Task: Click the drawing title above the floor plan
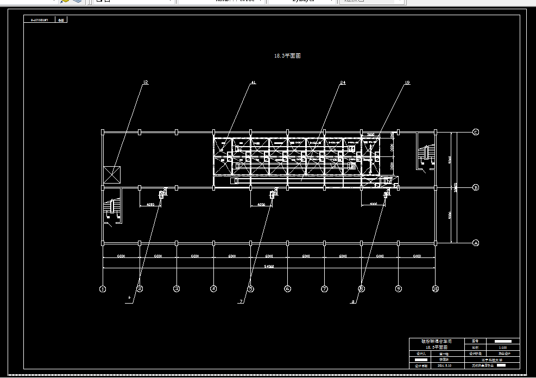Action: pyautogui.click(x=287, y=55)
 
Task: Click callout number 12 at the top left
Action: pyautogui.click(x=145, y=83)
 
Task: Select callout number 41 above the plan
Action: pyautogui.click(x=253, y=83)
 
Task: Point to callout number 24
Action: pyautogui.click(x=343, y=83)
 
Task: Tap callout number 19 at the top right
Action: pyautogui.click(x=407, y=83)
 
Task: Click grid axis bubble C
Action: pyautogui.click(x=476, y=132)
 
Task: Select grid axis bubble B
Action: pyautogui.click(x=476, y=188)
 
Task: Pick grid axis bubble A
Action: pyautogui.click(x=476, y=243)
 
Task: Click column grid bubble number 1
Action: pyautogui.click(x=103, y=289)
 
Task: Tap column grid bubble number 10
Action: pyautogui.click(x=435, y=289)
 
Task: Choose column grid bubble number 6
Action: pyautogui.click(x=287, y=289)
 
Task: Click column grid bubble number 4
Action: pyautogui.click(x=213, y=289)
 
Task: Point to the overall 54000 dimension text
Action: pyautogui.click(x=269, y=266)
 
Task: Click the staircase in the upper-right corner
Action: pyautogui.click(x=426, y=154)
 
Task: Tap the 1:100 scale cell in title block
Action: pyautogui.click(x=502, y=347)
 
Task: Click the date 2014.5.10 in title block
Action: pyautogui.click(x=444, y=366)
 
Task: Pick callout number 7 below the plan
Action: pyautogui.click(x=241, y=301)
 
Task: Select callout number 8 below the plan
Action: pyautogui.click(x=354, y=301)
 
